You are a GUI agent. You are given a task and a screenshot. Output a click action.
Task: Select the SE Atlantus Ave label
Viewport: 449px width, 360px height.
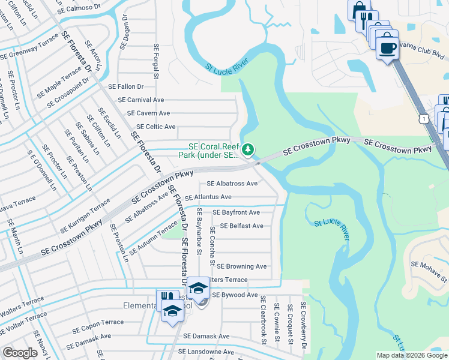click(208, 197)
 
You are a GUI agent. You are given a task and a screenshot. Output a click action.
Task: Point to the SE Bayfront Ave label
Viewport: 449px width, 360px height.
click(237, 212)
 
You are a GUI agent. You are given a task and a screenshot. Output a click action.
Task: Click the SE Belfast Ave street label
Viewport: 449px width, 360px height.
click(241, 226)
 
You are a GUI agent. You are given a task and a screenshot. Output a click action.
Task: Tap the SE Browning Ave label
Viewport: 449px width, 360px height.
click(241, 266)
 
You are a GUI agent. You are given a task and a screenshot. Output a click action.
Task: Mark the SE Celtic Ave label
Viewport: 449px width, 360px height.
click(155, 127)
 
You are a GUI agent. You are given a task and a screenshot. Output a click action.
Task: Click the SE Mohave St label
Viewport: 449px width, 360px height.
click(429, 267)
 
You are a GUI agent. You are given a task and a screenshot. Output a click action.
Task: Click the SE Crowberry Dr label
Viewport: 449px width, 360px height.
click(304, 326)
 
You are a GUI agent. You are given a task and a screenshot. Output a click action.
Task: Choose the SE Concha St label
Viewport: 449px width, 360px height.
click(212, 246)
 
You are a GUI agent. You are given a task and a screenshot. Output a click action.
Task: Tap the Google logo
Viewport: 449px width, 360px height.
click(20, 353)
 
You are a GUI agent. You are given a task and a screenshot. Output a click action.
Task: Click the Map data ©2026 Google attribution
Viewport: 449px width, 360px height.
click(411, 356)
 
